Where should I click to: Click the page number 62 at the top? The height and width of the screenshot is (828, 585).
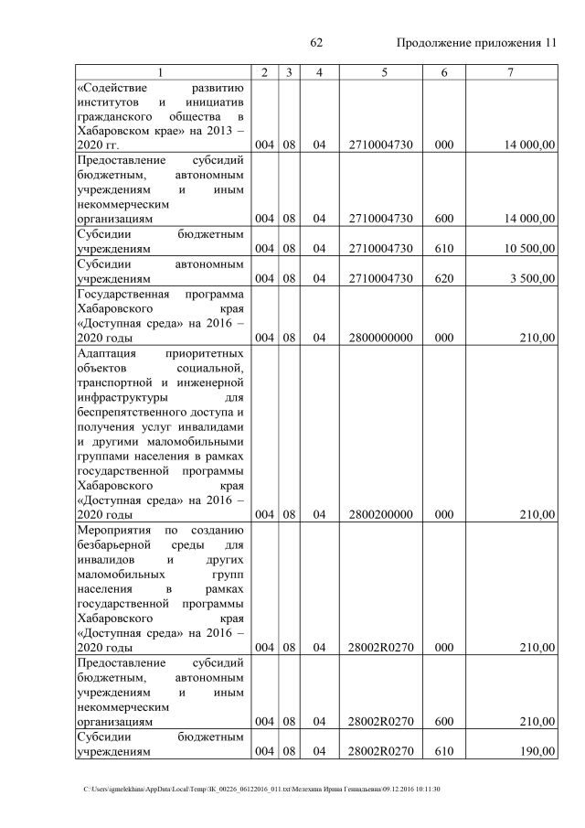[x=318, y=43]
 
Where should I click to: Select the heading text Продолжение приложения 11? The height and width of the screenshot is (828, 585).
[x=475, y=43]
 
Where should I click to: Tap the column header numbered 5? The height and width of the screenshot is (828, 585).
[x=384, y=72]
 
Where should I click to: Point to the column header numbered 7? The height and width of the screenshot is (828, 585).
[x=509, y=72]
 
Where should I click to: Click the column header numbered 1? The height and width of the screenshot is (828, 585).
[x=161, y=72]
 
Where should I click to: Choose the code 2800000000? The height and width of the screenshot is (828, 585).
[x=381, y=338]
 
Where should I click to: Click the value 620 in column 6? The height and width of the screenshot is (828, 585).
[x=444, y=278]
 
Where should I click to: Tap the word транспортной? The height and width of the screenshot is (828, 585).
[x=118, y=382]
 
